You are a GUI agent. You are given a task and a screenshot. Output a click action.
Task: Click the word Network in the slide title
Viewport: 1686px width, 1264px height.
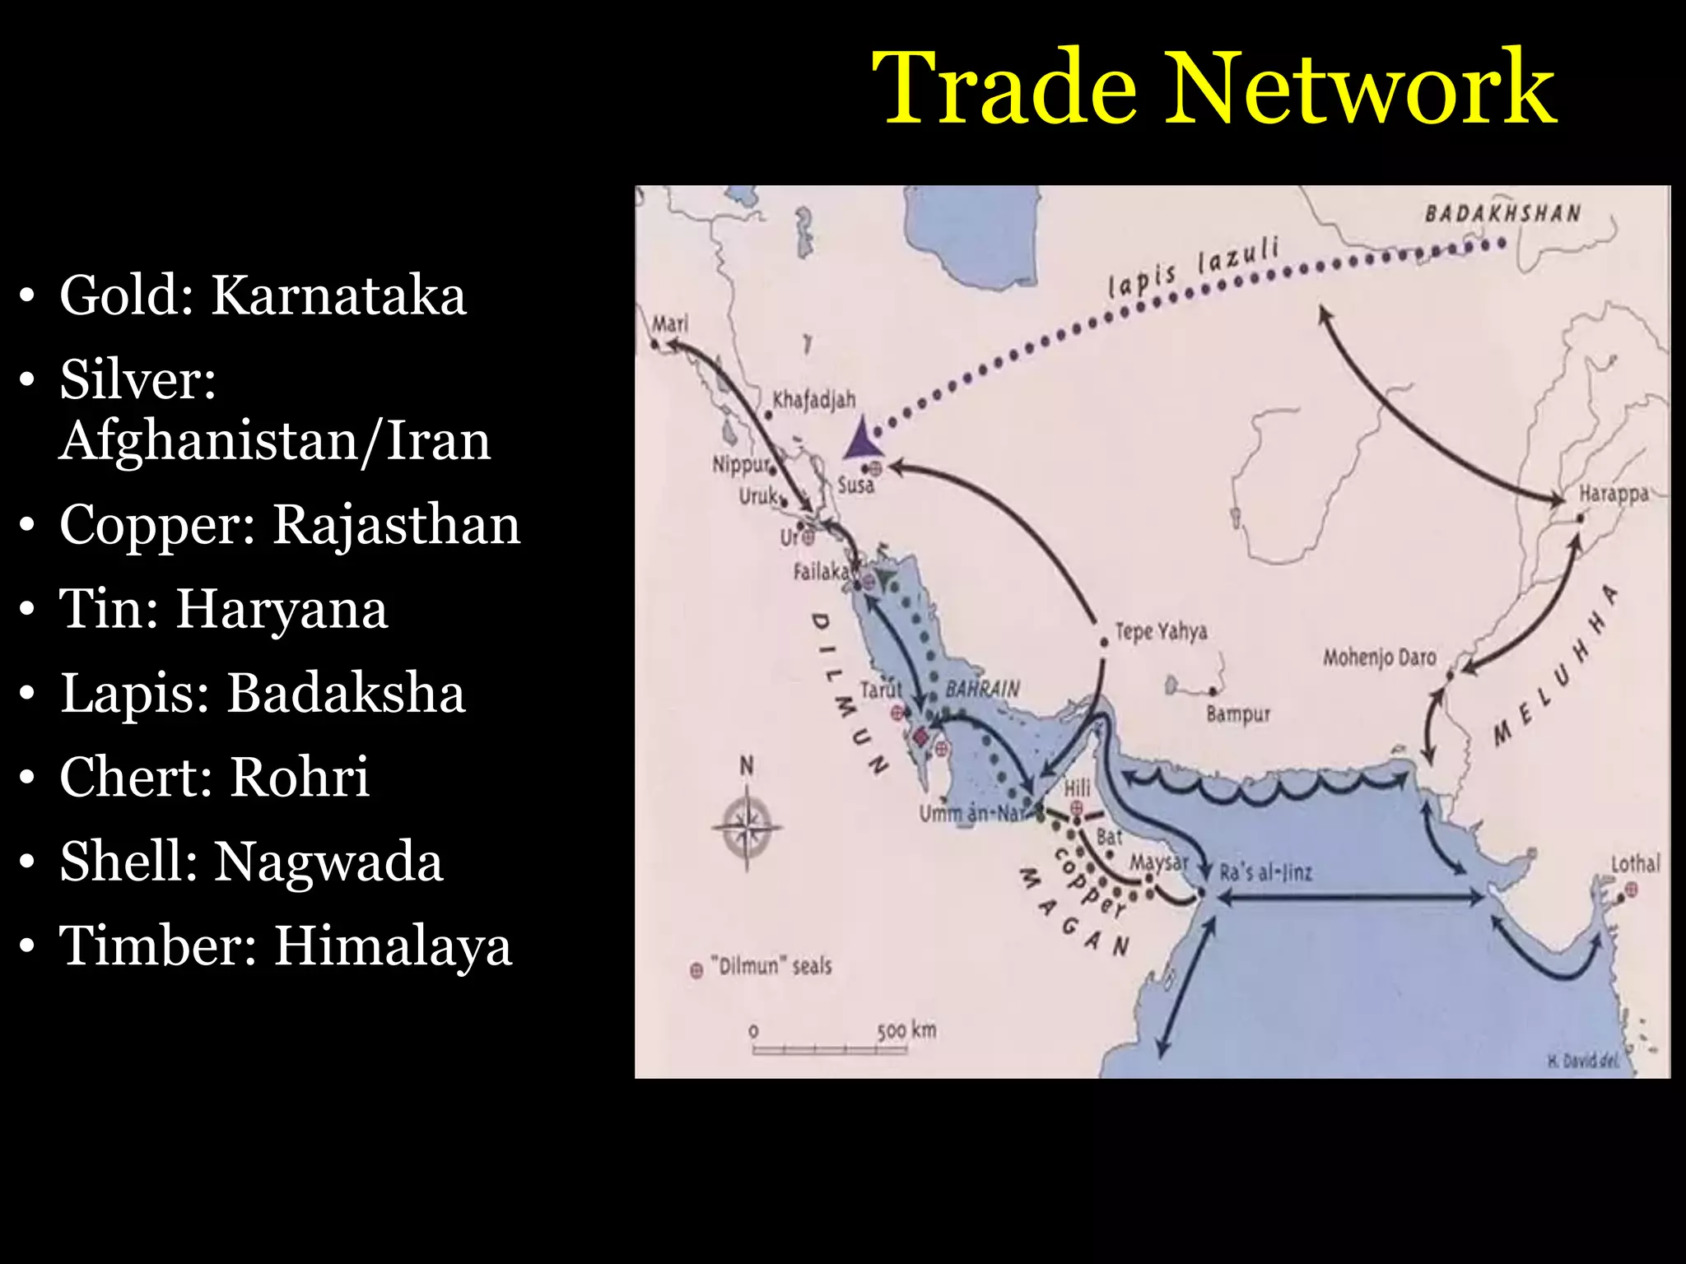point(1362,87)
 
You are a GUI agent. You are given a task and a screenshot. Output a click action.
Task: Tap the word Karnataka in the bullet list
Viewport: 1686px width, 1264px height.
point(338,295)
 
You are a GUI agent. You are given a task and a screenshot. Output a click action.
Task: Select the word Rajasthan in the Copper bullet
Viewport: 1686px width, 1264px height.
point(396,524)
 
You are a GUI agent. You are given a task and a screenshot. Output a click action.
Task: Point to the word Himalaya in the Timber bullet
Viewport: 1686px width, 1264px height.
point(393,946)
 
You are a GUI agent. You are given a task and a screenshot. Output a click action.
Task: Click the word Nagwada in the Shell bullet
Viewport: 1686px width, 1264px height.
point(328,862)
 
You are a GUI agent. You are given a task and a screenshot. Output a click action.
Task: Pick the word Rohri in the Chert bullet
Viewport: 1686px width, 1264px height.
point(299,777)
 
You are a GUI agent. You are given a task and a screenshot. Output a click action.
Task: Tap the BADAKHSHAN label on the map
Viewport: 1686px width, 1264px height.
point(1502,214)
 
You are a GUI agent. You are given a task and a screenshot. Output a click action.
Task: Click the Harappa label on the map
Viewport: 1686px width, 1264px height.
point(1614,494)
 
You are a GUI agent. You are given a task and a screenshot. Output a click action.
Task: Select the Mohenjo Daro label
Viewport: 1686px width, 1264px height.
point(1379,658)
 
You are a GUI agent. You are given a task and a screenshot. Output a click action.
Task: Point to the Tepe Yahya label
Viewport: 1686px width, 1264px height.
point(1161,632)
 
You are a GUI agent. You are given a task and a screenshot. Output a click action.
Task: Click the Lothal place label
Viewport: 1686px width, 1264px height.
point(1635,864)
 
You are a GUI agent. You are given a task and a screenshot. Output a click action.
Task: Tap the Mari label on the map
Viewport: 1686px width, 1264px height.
point(670,323)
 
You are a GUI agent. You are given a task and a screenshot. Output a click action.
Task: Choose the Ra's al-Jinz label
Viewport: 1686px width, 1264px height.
point(1265,872)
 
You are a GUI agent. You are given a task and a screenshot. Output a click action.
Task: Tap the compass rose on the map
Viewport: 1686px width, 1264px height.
point(747,825)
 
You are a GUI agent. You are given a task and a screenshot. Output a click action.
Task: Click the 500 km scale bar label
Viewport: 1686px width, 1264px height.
point(906,1030)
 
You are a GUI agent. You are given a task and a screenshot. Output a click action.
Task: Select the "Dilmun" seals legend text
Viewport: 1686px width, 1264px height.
point(771,966)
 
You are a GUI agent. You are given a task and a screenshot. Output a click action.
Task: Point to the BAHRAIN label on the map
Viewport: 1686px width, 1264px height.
point(982,689)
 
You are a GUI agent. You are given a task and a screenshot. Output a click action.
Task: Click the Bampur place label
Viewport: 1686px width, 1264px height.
point(1238,713)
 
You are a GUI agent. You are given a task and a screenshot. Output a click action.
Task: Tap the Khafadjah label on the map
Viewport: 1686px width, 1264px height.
point(814,401)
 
